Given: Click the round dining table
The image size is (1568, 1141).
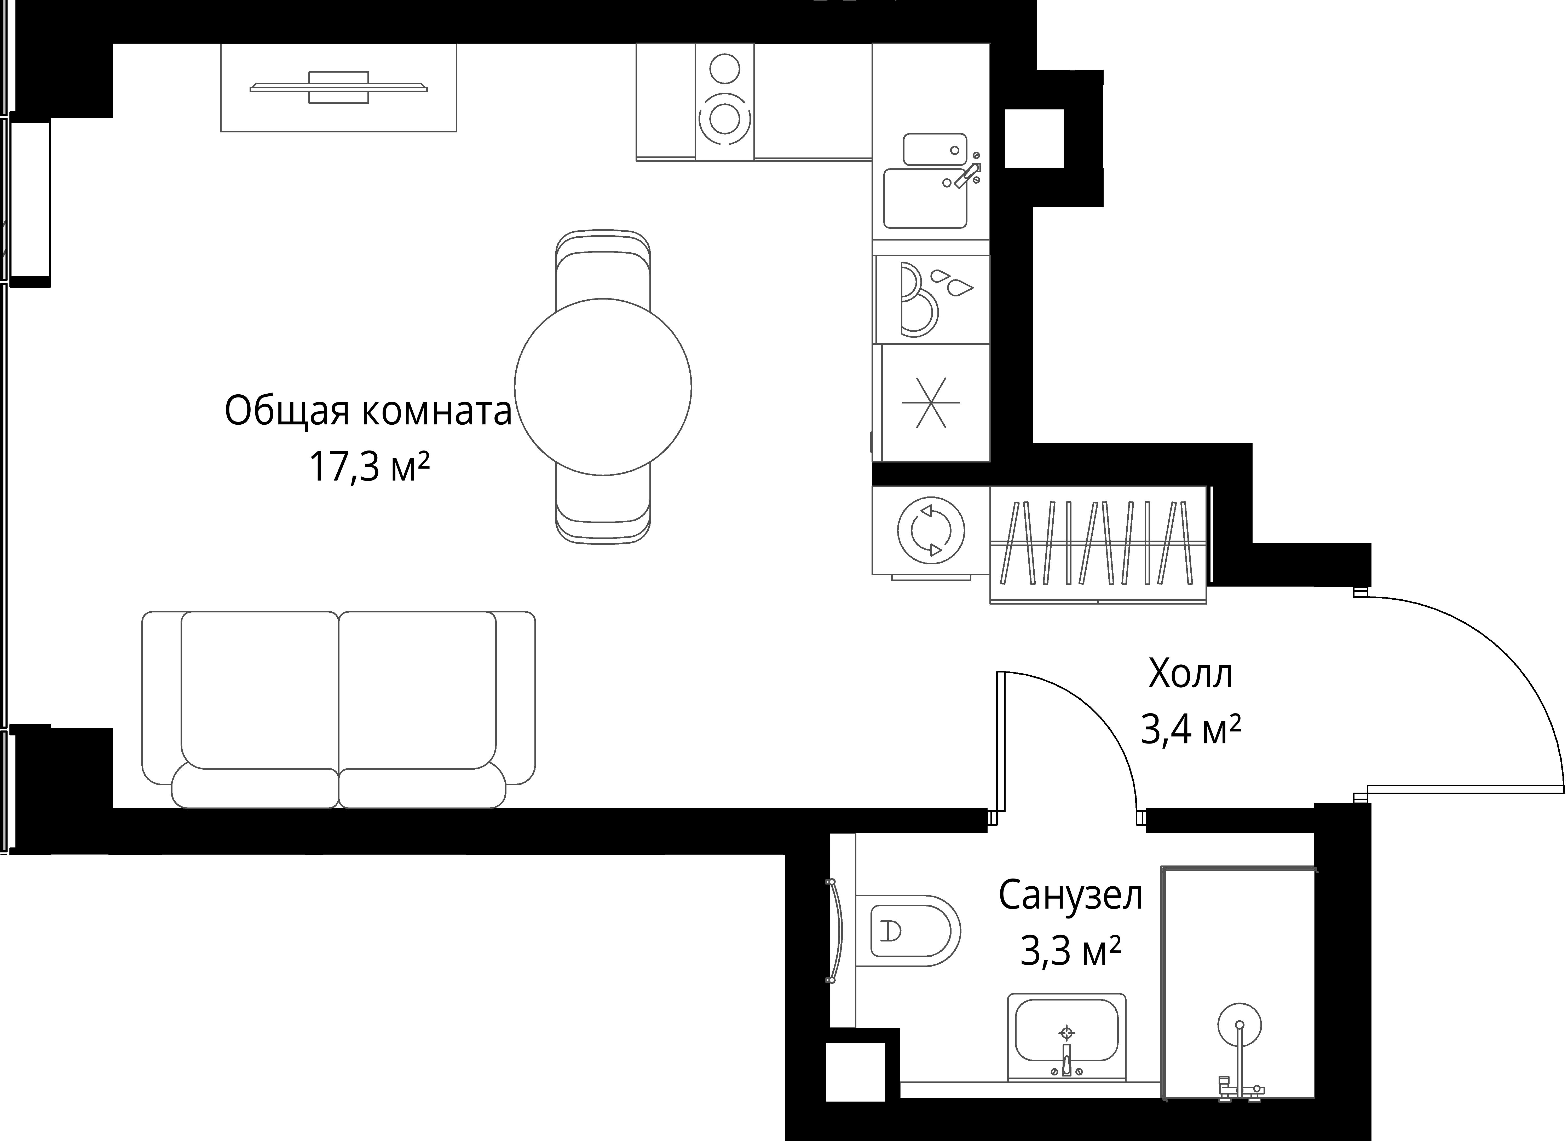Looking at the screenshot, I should pyautogui.click(x=603, y=387).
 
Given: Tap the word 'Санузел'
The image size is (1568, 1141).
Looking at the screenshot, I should pyautogui.click(x=1070, y=896).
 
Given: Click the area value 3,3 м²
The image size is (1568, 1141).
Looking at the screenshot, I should pyautogui.click(x=1070, y=952).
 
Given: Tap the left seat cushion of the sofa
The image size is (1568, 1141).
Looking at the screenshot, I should pyautogui.click(x=259, y=691).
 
